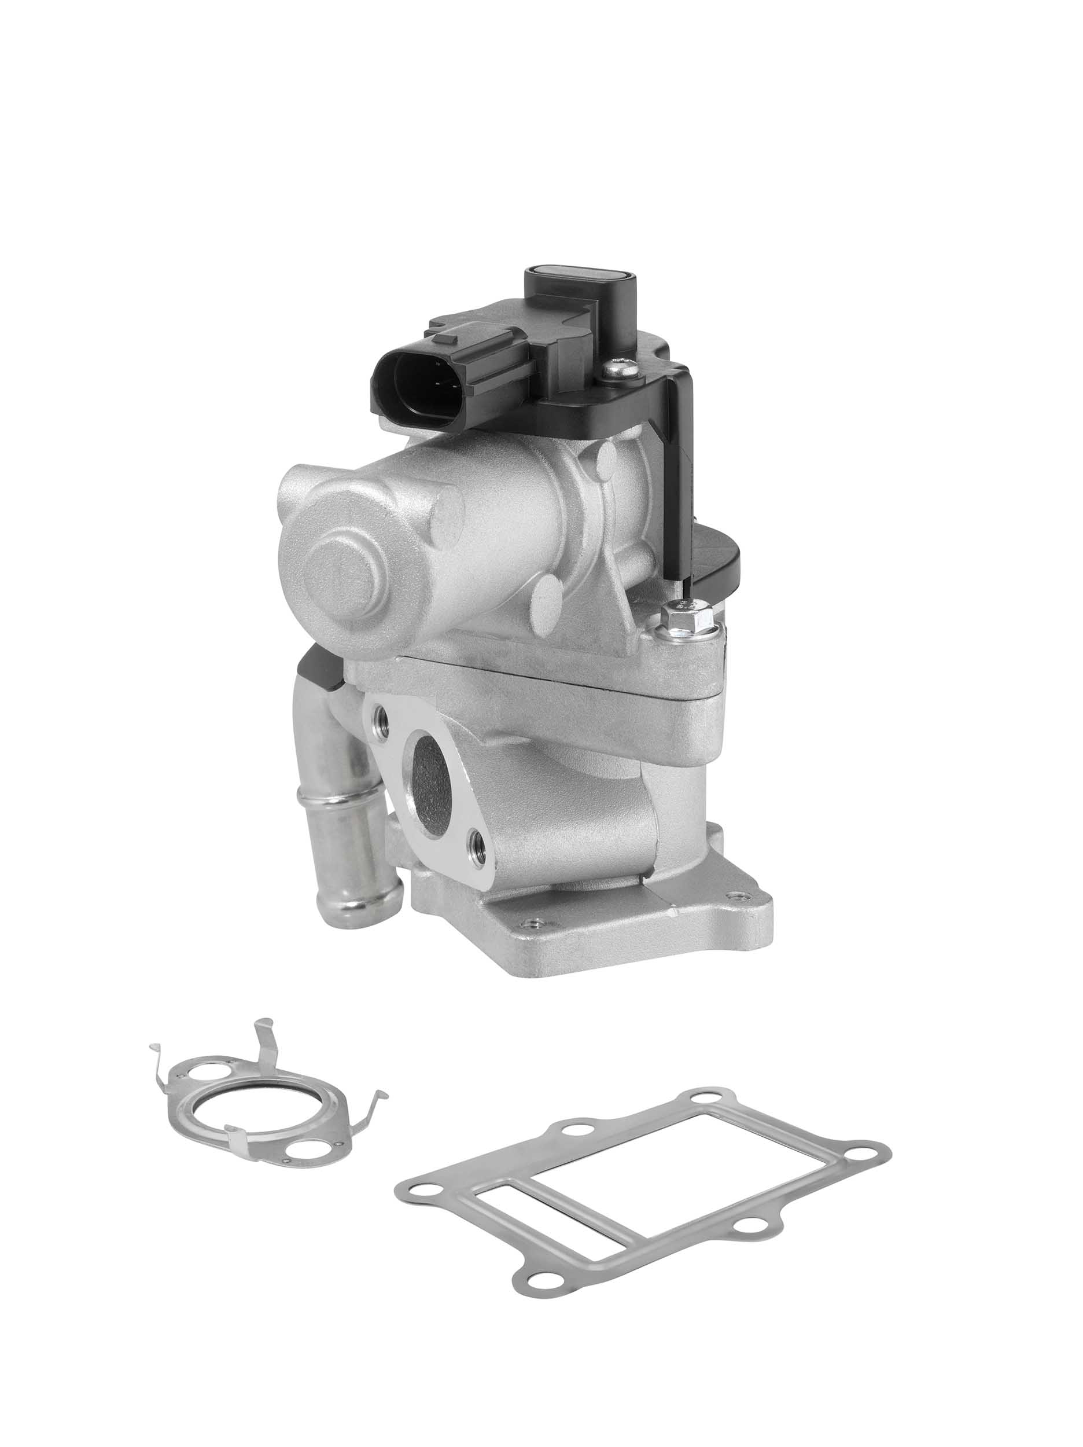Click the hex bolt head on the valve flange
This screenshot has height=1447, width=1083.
point(687,620)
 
